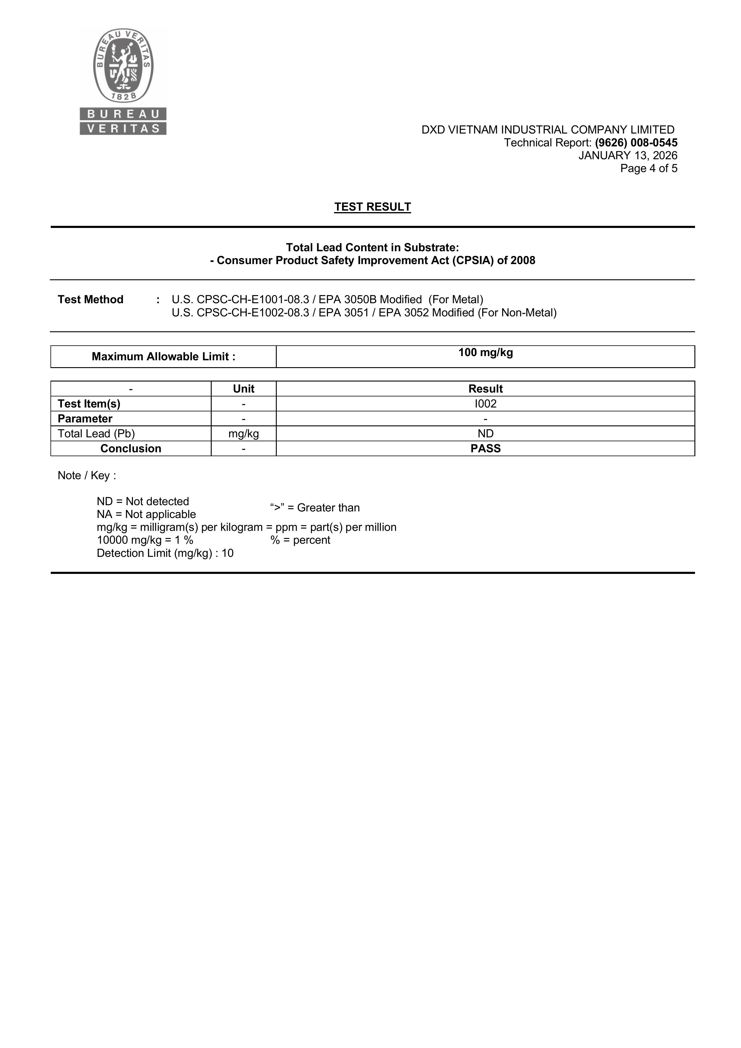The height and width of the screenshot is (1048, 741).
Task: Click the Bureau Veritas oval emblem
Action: click(x=123, y=65)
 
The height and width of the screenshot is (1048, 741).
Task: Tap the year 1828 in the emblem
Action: click(x=123, y=96)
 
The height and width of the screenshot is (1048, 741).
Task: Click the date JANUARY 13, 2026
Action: click(x=628, y=156)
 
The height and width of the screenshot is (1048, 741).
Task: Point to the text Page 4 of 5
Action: click(x=648, y=168)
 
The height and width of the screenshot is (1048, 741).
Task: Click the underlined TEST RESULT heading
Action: click(x=372, y=207)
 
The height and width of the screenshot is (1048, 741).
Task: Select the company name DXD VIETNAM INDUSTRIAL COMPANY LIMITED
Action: click(x=548, y=130)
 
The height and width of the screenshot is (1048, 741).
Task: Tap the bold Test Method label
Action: click(x=90, y=300)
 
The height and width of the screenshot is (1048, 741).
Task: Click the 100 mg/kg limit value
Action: click(x=485, y=353)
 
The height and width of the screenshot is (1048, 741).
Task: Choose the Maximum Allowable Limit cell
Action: click(x=163, y=356)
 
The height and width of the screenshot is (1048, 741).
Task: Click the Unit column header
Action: click(x=244, y=389)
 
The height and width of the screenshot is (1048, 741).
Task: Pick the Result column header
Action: click(x=485, y=389)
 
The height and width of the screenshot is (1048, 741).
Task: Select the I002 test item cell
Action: click(x=485, y=404)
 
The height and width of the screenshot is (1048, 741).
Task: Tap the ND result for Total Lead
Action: click(x=485, y=433)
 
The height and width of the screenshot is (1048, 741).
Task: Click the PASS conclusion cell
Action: click(x=485, y=449)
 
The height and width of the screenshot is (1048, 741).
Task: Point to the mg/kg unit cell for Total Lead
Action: click(x=244, y=433)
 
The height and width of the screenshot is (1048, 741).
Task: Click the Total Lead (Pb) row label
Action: click(x=96, y=433)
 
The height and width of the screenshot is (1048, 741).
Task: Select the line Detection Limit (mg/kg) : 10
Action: click(x=165, y=553)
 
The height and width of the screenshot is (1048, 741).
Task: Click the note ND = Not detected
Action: click(x=143, y=502)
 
